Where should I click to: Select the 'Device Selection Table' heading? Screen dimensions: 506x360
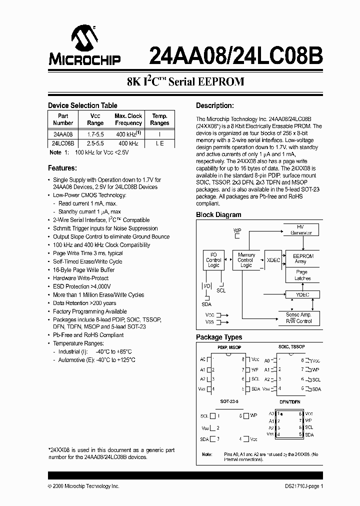[82, 105]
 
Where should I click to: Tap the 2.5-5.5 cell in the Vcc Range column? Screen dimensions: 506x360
[95, 143]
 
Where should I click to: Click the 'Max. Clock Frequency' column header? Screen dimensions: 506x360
[128, 119]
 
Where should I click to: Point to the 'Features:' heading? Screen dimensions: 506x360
[62, 168]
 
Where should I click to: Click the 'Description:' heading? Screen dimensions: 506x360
[215, 105]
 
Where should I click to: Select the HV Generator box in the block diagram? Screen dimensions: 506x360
[300, 230]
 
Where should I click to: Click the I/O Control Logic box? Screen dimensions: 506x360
[213, 260]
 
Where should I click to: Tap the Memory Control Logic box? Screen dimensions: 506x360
[246, 260]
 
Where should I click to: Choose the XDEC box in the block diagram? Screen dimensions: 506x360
[273, 260]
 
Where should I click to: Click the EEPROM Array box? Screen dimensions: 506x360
[303, 258]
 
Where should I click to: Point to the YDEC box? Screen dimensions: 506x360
[303, 294]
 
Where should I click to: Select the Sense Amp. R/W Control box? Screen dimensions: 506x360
[299, 318]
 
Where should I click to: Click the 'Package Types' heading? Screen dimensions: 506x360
[219, 337]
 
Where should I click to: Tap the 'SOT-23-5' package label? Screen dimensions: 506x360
[229, 401]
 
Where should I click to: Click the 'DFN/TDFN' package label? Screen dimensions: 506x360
[290, 401]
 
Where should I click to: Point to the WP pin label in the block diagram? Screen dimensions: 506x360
[237, 230]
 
